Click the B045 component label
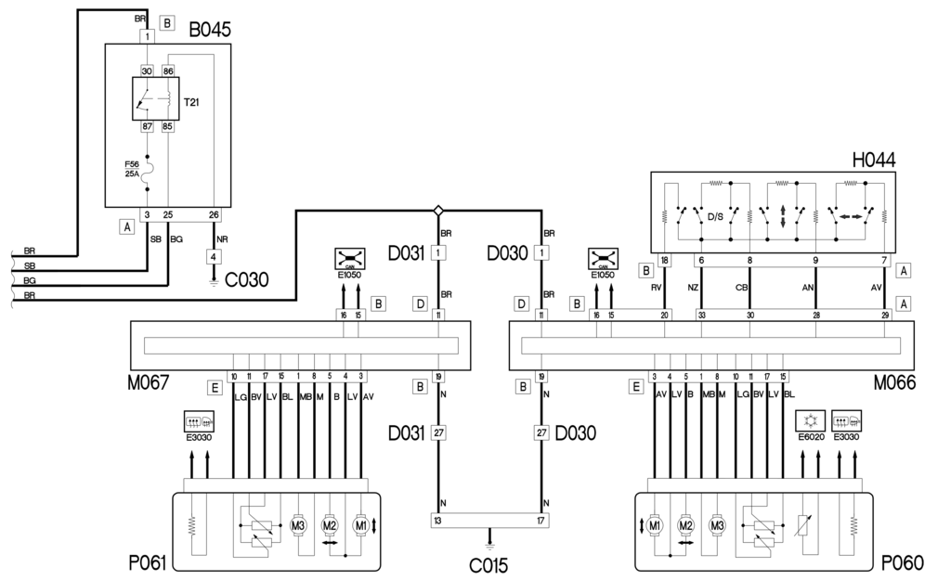tap(210, 31)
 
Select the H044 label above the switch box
tap(874, 160)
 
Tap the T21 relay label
tap(190, 103)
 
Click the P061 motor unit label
tap(148, 563)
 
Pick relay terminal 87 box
tap(147, 127)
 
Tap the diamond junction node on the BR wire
tap(437, 211)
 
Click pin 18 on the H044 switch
tap(664, 261)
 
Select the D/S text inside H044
tap(716, 217)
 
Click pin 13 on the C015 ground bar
tap(437, 520)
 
